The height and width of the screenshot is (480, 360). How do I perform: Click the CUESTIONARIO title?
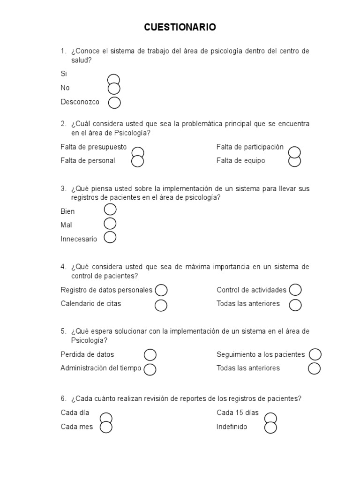(180, 28)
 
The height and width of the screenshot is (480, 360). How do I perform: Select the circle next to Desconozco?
(114, 102)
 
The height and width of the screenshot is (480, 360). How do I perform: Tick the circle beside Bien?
(110, 210)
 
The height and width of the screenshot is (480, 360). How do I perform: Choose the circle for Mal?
(110, 224)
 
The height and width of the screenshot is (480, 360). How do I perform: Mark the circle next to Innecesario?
(110, 238)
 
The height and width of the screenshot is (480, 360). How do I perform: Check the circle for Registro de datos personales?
(161, 290)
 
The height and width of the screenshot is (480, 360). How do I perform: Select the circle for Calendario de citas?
(161, 305)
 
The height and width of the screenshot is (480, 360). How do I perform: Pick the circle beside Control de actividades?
(295, 290)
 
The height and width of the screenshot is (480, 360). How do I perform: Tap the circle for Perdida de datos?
(150, 354)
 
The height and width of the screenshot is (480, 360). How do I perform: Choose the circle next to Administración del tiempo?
(150, 369)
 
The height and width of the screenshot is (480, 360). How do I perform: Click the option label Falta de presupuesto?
(94, 147)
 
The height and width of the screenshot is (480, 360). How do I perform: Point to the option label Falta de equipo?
(240, 161)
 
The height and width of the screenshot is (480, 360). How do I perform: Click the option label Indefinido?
(232, 427)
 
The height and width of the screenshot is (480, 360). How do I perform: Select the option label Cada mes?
(77, 427)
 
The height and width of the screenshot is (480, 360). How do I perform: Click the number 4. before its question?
(63, 267)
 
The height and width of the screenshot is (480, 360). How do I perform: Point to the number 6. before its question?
(63, 398)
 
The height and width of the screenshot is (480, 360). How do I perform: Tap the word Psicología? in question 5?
(89, 340)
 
